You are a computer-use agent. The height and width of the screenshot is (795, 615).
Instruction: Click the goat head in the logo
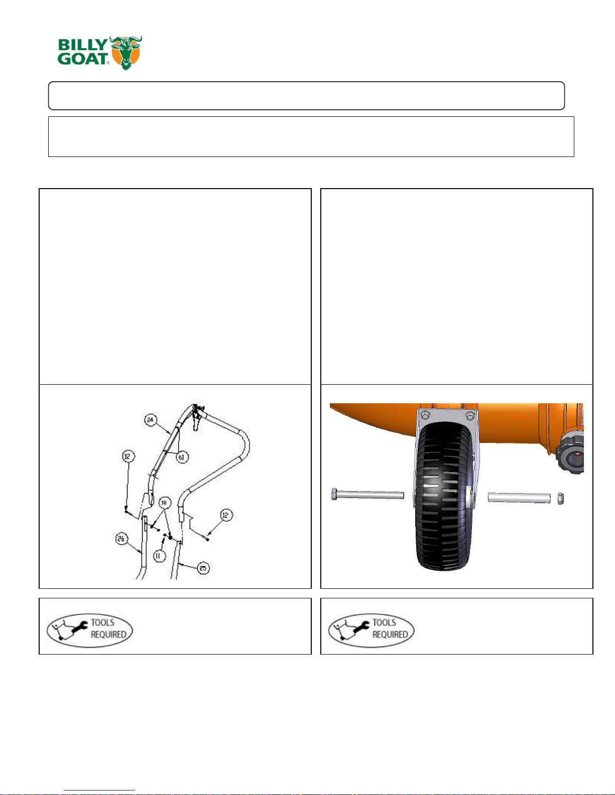[126, 52]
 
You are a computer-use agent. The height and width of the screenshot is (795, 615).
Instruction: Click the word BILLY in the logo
[82, 45]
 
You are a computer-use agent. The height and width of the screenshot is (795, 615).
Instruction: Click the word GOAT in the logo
[83, 59]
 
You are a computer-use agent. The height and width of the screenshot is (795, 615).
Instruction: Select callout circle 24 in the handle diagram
[150, 420]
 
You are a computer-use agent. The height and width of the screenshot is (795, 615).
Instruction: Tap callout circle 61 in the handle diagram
[182, 457]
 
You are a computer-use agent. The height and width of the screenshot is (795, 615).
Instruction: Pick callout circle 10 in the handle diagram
[164, 503]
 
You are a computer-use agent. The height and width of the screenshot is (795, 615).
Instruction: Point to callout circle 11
[159, 556]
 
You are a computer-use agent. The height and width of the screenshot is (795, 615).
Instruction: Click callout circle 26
[121, 538]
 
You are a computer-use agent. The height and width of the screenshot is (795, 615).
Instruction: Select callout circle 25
[203, 568]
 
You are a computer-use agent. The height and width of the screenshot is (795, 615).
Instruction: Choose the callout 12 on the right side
[226, 515]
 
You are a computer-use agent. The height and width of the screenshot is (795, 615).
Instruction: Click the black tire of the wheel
[444, 496]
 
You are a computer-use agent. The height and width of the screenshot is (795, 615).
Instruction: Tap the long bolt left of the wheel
[367, 495]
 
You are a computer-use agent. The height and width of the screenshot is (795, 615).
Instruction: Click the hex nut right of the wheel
[560, 498]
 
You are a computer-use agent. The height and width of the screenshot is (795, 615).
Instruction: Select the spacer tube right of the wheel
[519, 498]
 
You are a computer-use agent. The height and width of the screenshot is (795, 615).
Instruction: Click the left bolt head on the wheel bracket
[425, 415]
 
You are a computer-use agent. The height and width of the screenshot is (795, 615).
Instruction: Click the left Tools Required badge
[90, 630]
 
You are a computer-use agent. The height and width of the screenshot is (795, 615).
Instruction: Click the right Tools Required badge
[371, 630]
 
